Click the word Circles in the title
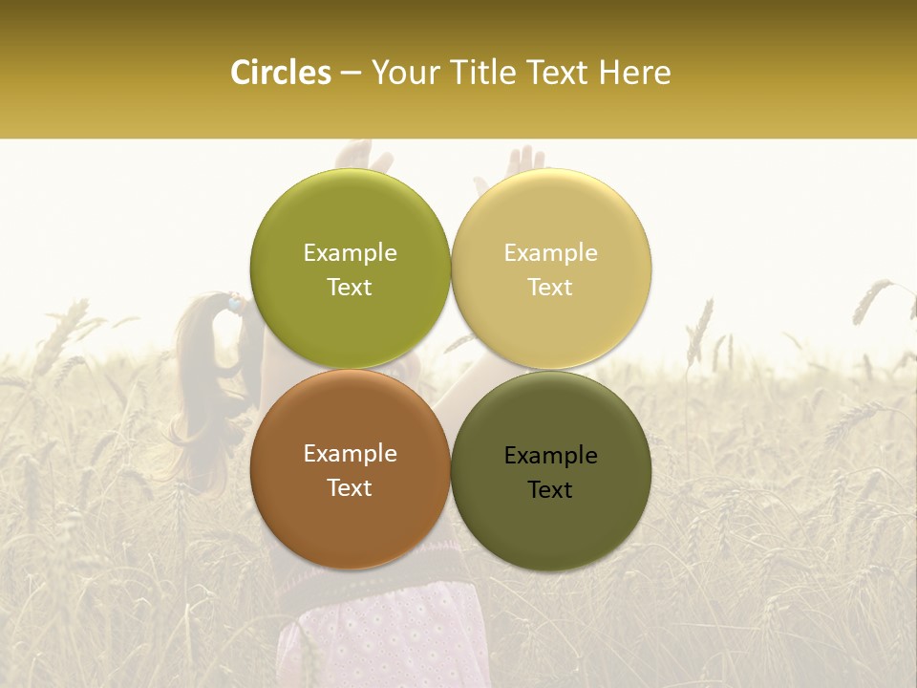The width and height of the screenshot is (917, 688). point(280,73)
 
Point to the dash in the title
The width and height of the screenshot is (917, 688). point(351,74)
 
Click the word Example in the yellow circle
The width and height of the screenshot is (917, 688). point(550,252)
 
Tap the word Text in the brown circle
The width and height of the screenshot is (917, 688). point(350,487)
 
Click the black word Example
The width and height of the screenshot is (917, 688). point(550,455)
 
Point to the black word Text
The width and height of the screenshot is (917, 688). point(550,489)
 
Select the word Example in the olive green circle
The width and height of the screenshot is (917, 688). point(350,252)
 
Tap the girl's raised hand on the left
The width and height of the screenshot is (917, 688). point(357,155)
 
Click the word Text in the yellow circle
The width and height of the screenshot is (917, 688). point(550,287)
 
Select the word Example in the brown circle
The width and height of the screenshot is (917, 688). point(350,453)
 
